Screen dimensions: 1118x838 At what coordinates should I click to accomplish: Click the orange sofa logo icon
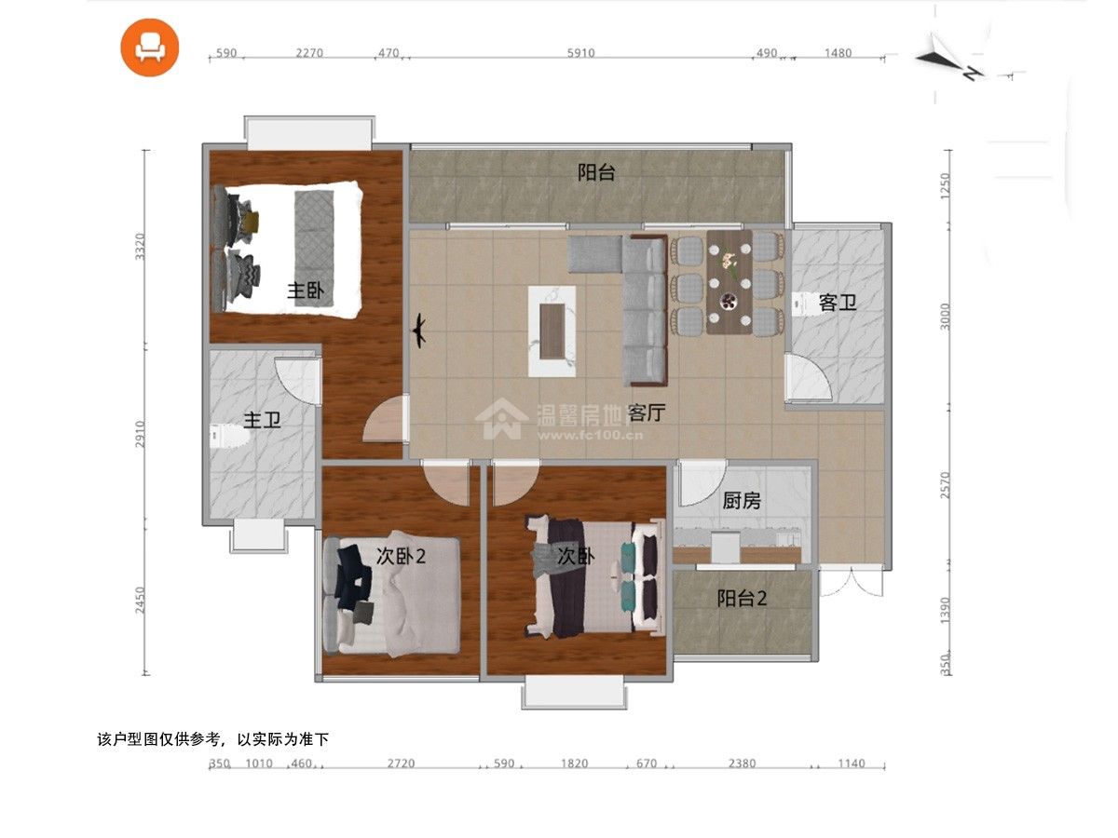point(149,47)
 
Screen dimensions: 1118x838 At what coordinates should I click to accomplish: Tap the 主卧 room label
point(305,291)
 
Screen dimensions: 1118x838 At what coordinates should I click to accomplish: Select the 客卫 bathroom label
point(838,303)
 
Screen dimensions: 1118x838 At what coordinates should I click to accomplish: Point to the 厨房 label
point(741,501)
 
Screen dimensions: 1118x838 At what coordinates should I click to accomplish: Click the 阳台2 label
point(742,599)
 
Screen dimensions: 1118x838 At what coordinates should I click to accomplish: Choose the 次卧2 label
point(401,556)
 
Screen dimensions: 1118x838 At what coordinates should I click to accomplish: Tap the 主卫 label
point(262,420)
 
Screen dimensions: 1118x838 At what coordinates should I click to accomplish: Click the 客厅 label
point(647,412)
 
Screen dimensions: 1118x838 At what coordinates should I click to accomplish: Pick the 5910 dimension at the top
point(580,53)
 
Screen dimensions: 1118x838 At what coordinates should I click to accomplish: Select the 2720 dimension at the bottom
point(401,764)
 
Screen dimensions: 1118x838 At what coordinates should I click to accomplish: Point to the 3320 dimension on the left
point(140,247)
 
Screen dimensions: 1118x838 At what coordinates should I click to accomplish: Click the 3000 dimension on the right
point(945,316)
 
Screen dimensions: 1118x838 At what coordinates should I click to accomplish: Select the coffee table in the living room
point(552,331)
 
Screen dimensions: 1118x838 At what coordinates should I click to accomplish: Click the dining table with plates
point(729,282)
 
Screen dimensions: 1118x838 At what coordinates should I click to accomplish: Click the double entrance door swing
point(851,582)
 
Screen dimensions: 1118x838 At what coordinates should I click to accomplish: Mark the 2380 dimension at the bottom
point(742,764)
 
